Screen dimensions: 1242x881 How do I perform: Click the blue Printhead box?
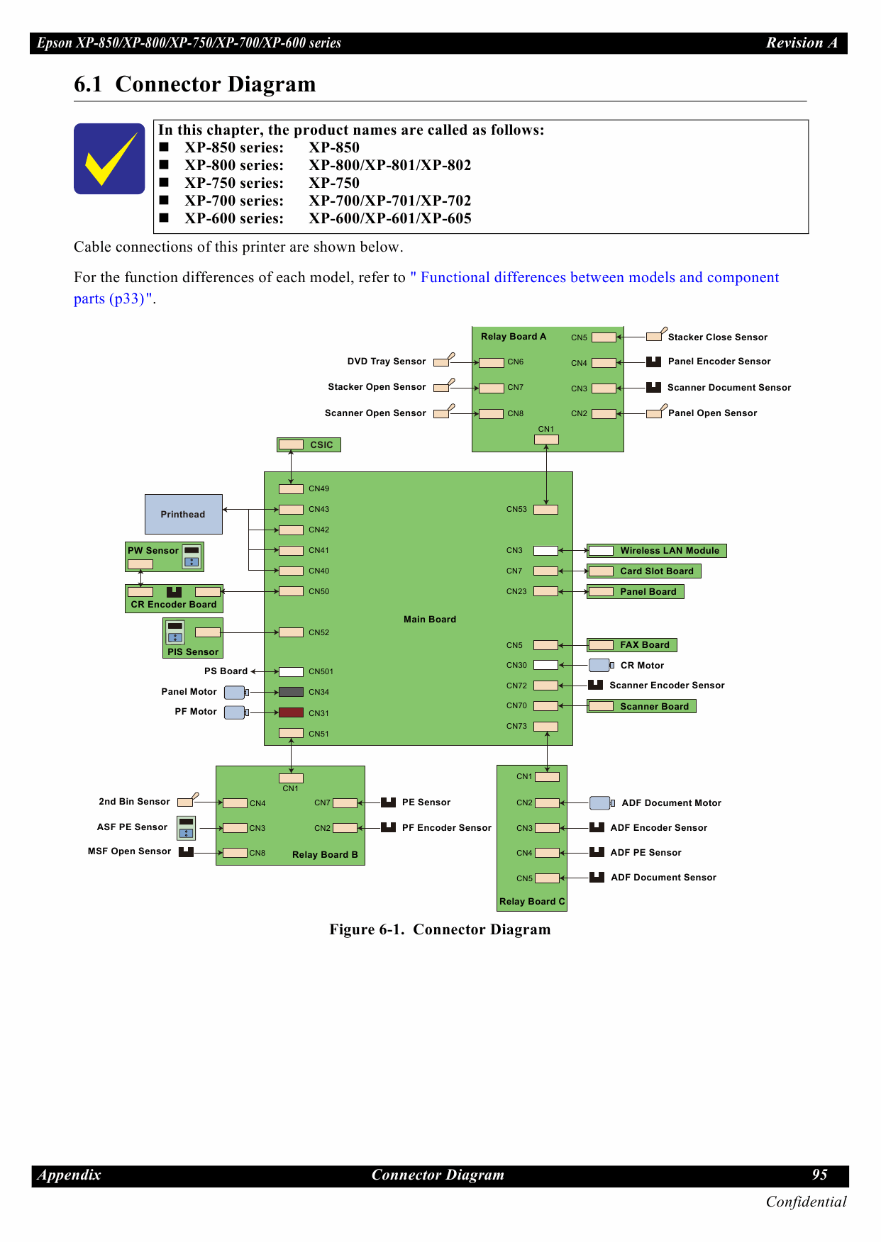[x=183, y=514]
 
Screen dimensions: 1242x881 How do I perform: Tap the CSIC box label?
[x=321, y=444]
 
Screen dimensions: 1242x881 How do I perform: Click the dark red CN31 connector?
[x=291, y=712]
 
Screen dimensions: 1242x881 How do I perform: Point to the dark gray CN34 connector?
[x=291, y=692]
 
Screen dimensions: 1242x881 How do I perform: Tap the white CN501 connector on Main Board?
[x=291, y=671]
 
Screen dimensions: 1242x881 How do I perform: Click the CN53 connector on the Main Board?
[x=545, y=509]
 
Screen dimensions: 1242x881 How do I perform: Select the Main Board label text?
[x=430, y=619]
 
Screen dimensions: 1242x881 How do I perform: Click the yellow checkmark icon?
[x=109, y=159]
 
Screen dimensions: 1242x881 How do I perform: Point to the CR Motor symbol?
[x=600, y=665]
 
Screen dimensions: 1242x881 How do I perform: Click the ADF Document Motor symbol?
[x=601, y=802]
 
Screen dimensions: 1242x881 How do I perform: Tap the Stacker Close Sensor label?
[x=717, y=337]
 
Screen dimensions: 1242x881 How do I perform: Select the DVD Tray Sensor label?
[x=387, y=361]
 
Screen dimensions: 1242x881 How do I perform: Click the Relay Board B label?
[x=325, y=854]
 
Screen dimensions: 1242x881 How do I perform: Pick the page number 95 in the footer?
[x=819, y=1175]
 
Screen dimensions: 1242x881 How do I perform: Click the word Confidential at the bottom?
[x=806, y=1202]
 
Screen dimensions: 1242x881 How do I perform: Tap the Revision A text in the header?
[x=802, y=43]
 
